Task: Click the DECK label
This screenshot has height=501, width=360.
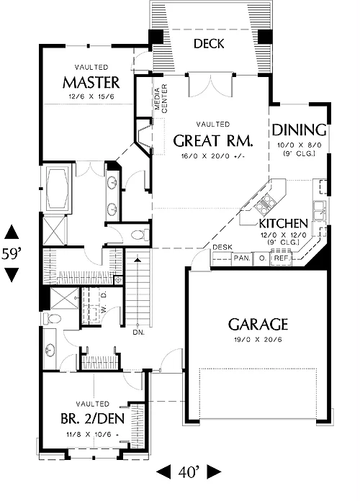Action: pos(209,44)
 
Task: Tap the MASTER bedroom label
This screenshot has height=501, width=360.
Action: pos(91,83)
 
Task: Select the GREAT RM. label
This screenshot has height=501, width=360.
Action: pos(213,140)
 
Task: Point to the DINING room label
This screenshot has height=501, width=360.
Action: pos(299,130)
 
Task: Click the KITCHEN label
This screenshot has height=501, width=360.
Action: pos(283,224)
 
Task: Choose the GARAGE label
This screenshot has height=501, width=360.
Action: pos(258,325)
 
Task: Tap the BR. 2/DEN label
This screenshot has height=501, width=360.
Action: pos(92,418)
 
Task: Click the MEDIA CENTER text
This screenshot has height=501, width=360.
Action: pos(161,99)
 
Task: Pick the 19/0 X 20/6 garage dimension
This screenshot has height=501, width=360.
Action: pos(258,339)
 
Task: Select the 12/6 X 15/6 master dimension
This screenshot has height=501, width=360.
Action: pos(91,96)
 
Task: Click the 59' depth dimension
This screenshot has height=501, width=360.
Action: pos(12,253)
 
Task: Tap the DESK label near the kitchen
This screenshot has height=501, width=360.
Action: pos(222,248)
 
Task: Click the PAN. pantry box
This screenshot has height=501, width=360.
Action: pos(242,258)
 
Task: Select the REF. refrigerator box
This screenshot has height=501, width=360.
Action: pos(282,258)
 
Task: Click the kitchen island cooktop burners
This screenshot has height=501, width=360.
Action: pos(266,204)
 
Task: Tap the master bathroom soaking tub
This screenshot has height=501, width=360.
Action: pos(58,188)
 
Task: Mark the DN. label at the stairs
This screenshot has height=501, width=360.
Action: pos(139,333)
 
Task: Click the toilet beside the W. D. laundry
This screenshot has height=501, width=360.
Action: pos(52,319)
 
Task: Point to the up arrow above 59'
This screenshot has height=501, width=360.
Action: pos(12,232)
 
